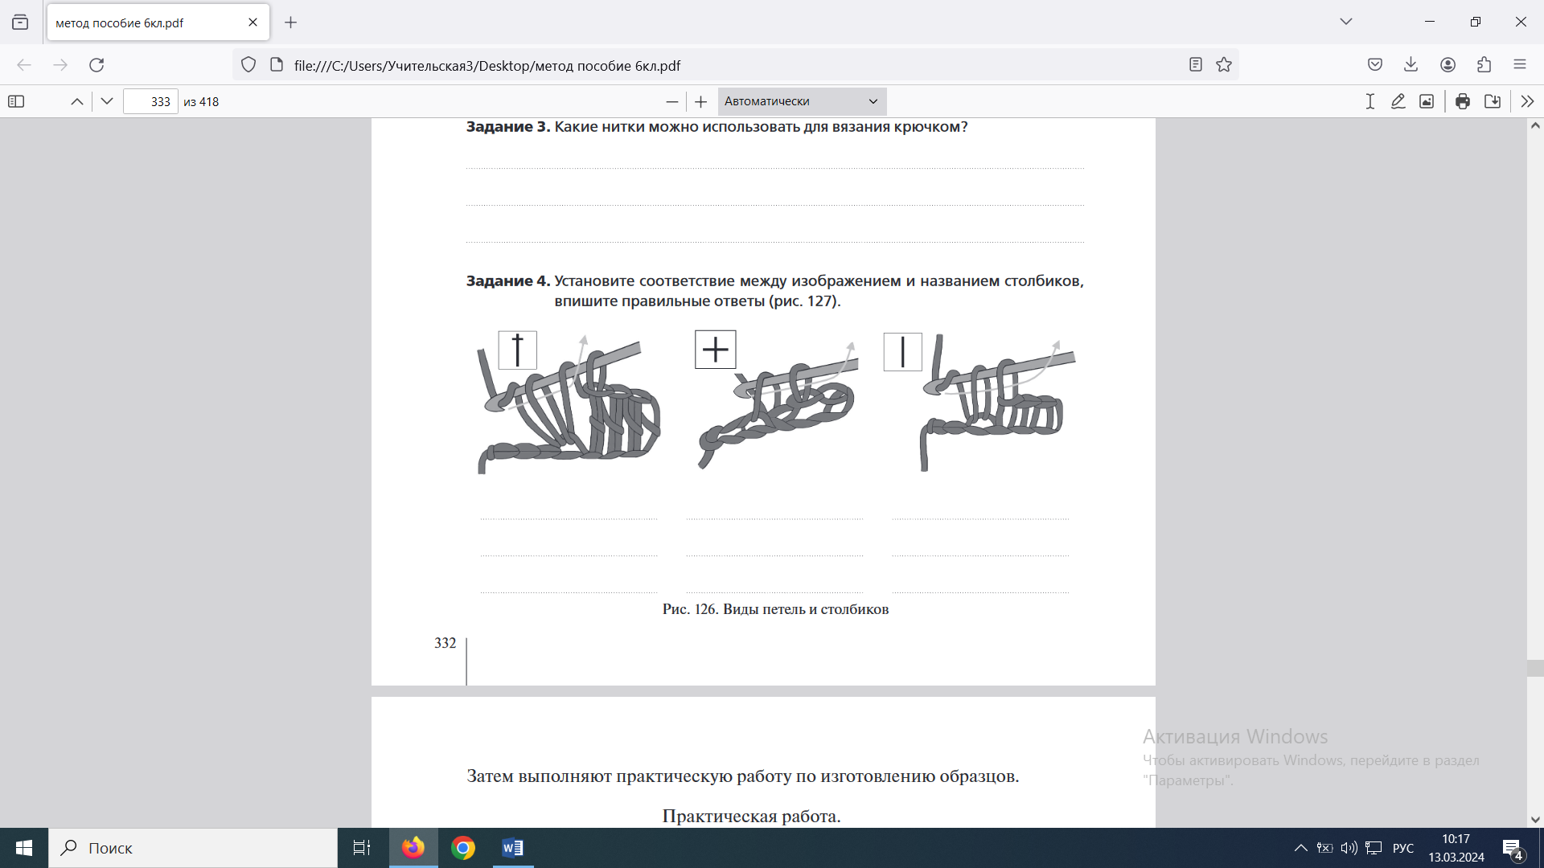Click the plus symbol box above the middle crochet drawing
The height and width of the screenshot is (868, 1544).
click(715, 350)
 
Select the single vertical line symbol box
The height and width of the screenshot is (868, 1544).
click(902, 352)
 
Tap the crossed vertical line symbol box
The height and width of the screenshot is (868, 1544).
click(517, 350)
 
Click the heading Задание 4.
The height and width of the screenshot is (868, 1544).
click(508, 281)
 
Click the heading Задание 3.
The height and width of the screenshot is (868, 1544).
click(508, 127)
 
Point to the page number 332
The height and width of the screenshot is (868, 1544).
click(445, 643)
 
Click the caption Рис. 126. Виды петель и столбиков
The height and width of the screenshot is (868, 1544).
click(775, 609)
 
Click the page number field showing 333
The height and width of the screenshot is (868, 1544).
click(150, 102)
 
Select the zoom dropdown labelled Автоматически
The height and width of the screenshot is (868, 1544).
click(802, 101)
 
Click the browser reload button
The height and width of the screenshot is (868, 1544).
click(96, 65)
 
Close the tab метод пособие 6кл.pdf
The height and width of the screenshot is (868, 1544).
click(253, 23)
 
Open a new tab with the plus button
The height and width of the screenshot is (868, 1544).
click(291, 23)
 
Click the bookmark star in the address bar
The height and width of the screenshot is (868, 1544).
click(1224, 65)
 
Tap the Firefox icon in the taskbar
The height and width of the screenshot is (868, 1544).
click(413, 848)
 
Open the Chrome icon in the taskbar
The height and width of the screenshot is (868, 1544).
click(462, 848)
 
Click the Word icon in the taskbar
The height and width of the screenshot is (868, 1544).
click(512, 848)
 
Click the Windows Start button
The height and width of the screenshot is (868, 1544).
click(24, 848)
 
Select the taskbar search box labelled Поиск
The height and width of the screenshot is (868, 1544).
click(193, 848)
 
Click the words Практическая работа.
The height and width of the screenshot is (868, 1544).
click(751, 817)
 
